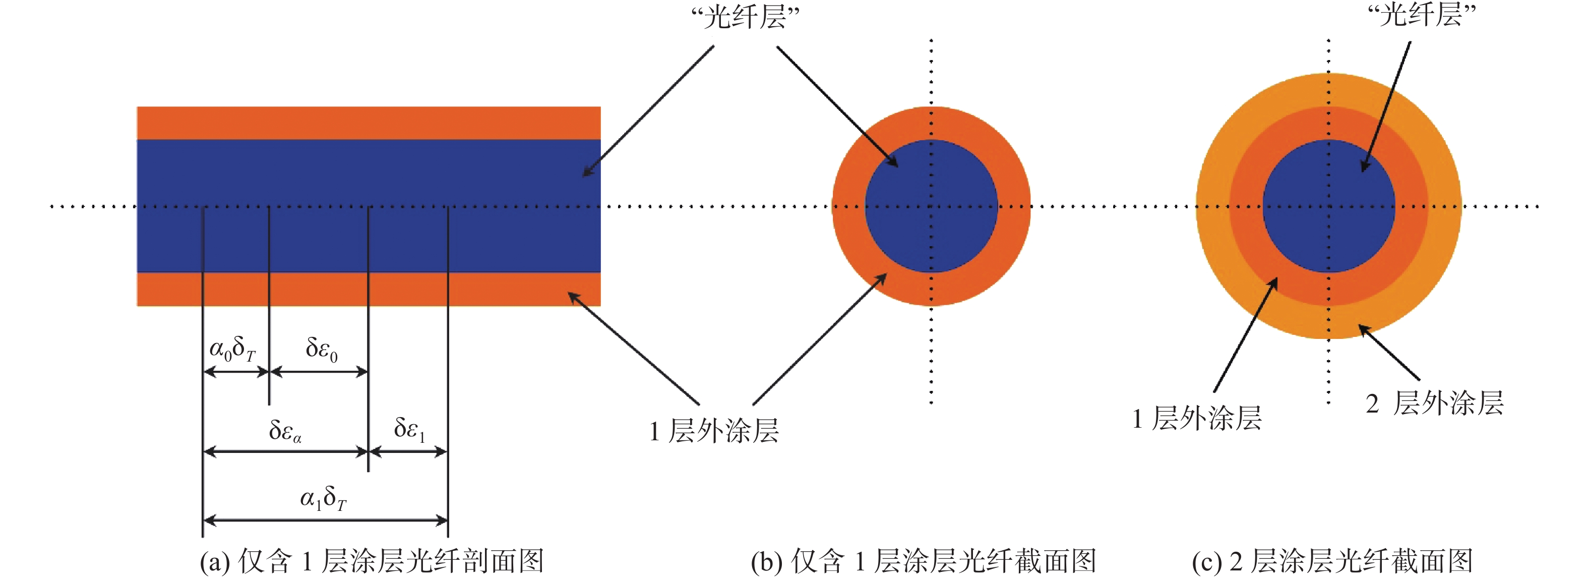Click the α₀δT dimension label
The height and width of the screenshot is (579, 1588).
pyautogui.click(x=232, y=349)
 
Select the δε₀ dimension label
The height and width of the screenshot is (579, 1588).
pyautogui.click(x=321, y=349)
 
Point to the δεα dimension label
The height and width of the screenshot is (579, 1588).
pyautogui.click(x=285, y=430)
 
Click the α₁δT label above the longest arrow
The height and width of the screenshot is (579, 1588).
pyautogui.click(x=323, y=498)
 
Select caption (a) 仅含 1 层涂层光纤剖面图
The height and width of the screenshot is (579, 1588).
pyautogui.click(x=372, y=561)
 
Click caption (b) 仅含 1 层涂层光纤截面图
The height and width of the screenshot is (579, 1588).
pyautogui.click(x=924, y=561)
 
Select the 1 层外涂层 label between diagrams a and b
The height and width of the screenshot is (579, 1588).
pyautogui.click(x=714, y=430)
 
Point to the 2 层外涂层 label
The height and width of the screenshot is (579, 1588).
pyautogui.click(x=1435, y=403)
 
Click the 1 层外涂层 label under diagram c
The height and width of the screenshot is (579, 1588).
pyautogui.click(x=1197, y=418)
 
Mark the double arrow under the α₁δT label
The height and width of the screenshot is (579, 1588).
pyautogui.click(x=325, y=521)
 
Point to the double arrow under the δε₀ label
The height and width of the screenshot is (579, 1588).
pyautogui.click(x=319, y=372)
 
